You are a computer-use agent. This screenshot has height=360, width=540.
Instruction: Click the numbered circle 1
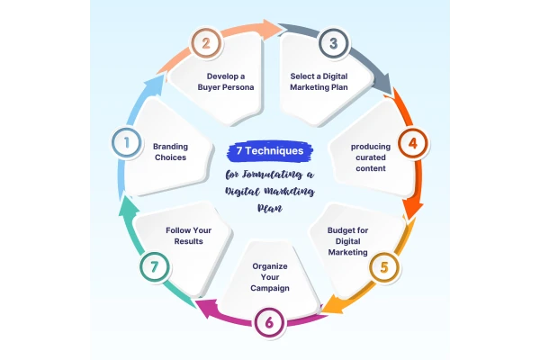126,141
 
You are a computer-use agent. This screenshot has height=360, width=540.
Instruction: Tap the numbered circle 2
206,41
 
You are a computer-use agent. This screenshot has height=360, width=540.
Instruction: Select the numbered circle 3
332,41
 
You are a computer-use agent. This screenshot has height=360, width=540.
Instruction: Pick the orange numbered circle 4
412,142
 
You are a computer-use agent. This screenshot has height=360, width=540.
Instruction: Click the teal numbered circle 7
153,267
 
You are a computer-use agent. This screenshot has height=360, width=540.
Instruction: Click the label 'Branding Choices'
170,150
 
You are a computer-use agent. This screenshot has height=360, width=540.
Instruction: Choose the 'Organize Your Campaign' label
268,279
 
